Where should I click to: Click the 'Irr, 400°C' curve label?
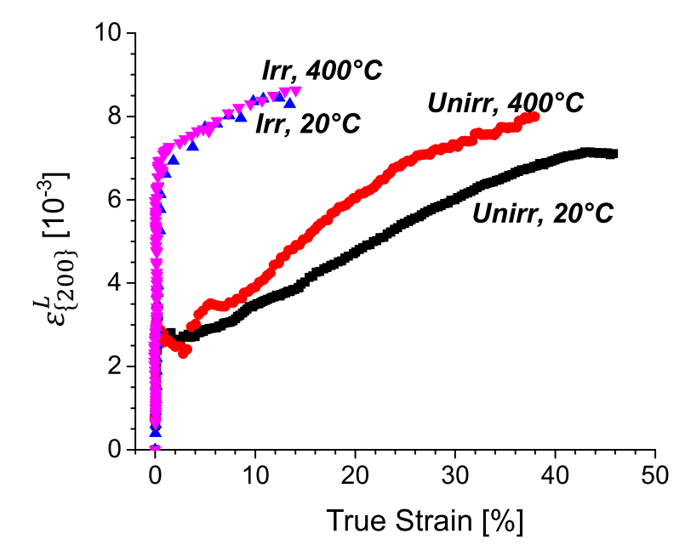point(322,70)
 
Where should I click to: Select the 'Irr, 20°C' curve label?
point(308,125)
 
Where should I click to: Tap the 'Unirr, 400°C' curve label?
point(505,104)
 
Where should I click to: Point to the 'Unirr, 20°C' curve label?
point(544,214)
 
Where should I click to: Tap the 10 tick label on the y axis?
point(109,34)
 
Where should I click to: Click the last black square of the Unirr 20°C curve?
point(614,154)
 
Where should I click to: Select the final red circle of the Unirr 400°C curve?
point(535,116)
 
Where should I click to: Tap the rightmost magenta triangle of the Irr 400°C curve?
point(296,91)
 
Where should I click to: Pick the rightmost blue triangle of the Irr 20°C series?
point(290,103)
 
